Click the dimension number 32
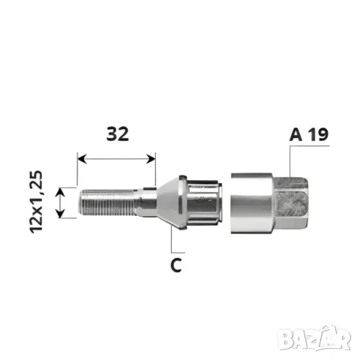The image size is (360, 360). click(118, 133)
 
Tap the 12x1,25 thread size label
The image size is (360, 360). click(36, 202)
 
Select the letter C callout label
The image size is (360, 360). click(176, 265)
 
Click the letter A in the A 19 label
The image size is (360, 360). click(295, 135)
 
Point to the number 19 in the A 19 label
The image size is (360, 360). click(317, 135)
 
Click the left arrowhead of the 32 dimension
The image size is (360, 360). click(82, 159)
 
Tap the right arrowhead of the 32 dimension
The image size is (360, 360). click(151, 159)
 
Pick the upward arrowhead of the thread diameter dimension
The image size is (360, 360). click(60, 192)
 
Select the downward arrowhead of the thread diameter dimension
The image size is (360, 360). click(60, 213)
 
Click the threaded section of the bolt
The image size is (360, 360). click(108, 202)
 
